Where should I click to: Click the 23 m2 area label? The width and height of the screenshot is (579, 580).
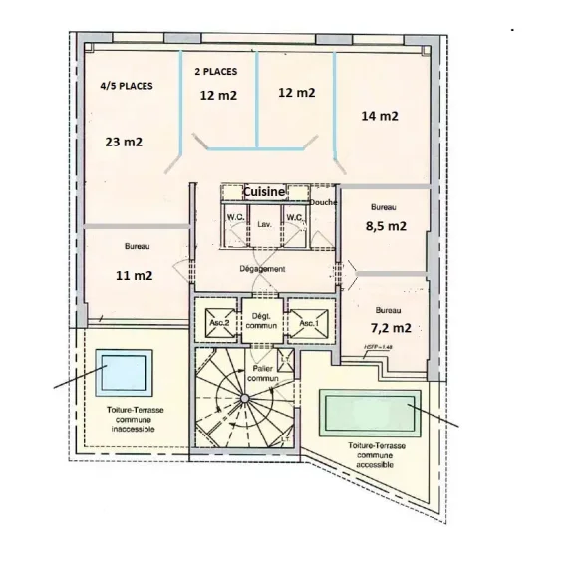click(x=123, y=142)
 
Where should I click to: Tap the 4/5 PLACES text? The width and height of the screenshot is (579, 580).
click(x=127, y=87)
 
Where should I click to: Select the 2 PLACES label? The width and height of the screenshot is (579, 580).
click(x=217, y=72)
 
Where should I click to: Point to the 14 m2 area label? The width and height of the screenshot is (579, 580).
click(x=379, y=116)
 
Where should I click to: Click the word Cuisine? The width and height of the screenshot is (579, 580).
click(x=258, y=192)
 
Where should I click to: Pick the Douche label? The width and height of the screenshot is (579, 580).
click(x=323, y=202)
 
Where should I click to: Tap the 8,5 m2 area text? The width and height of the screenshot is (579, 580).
click(x=387, y=226)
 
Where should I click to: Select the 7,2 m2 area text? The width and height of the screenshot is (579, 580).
click(x=388, y=327)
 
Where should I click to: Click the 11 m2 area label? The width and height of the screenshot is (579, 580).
click(x=137, y=275)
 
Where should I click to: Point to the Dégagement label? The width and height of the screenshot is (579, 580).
click(x=263, y=269)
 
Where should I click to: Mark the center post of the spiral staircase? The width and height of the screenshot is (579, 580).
click(x=241, y=399)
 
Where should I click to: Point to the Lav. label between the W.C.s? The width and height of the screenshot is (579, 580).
click(x=264, y=224)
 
